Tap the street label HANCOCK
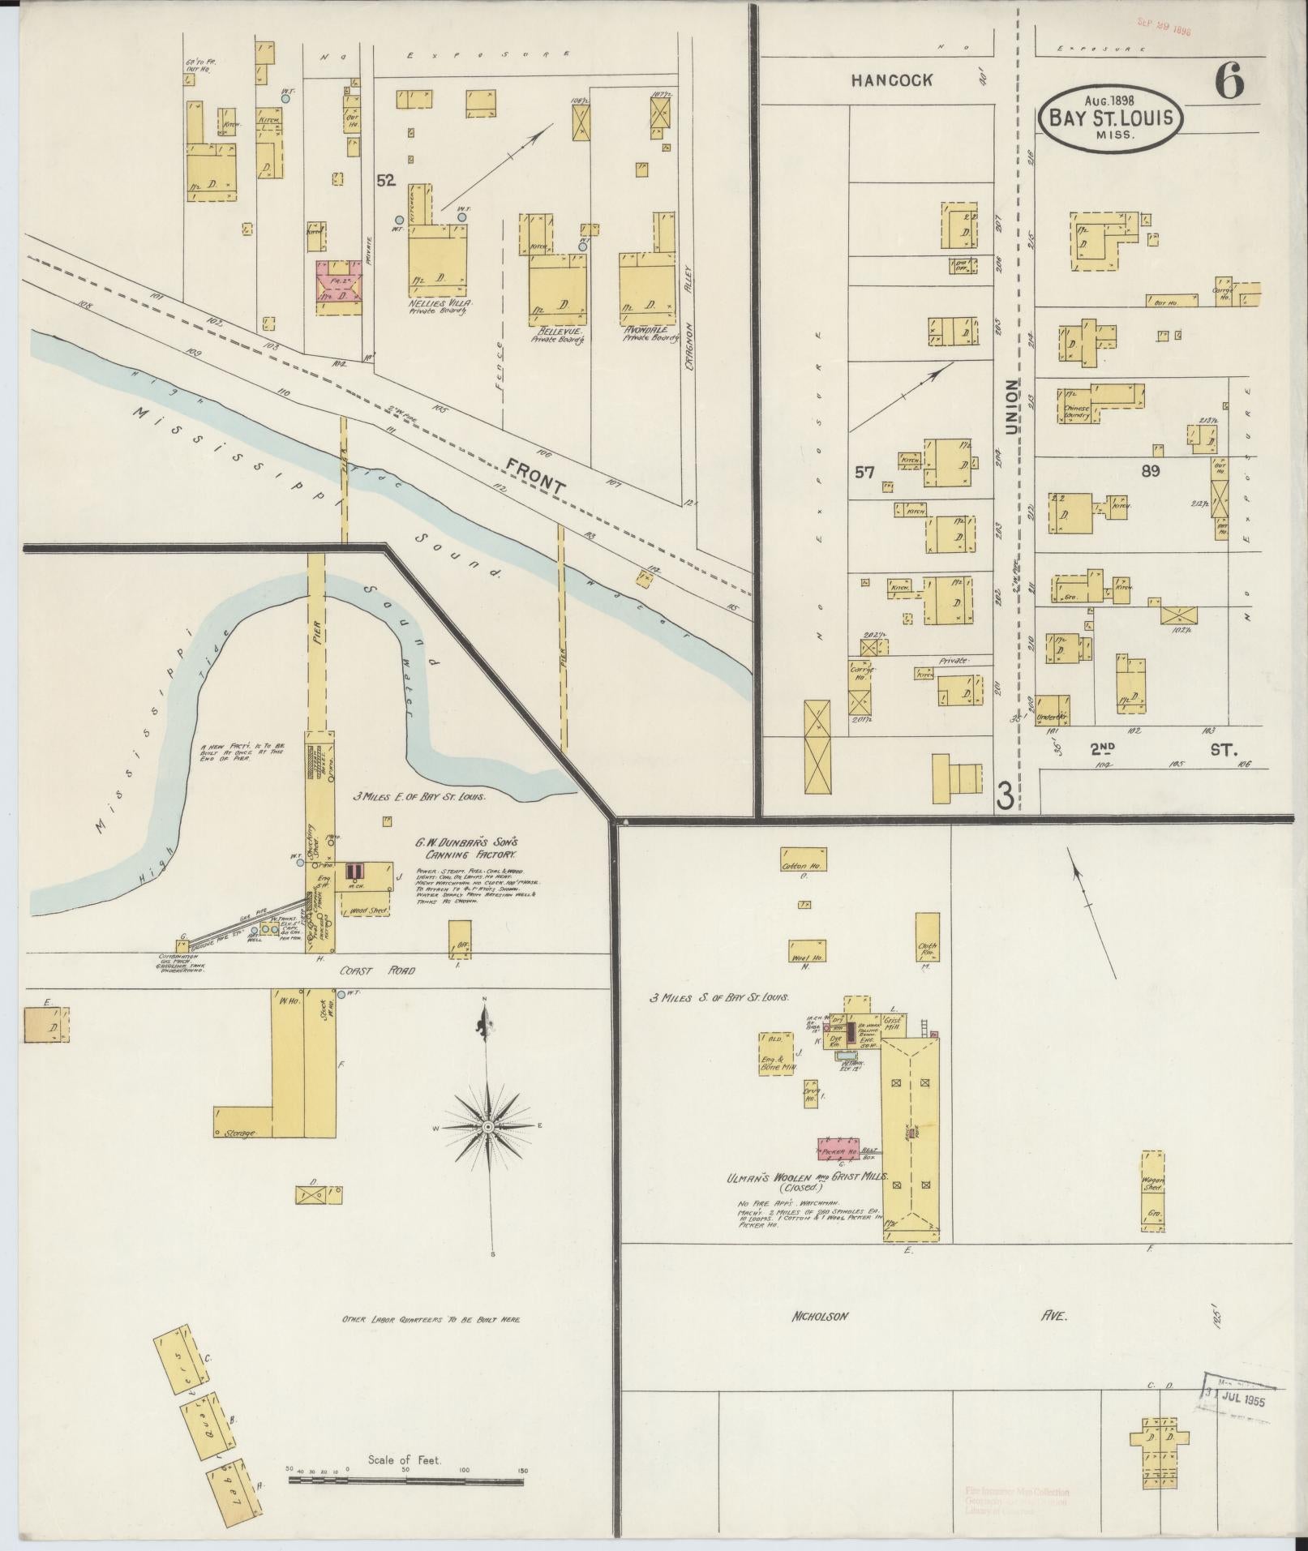[892, 80]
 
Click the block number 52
[386, 181]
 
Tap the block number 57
[864, 471]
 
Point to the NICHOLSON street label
[820, 1316]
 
